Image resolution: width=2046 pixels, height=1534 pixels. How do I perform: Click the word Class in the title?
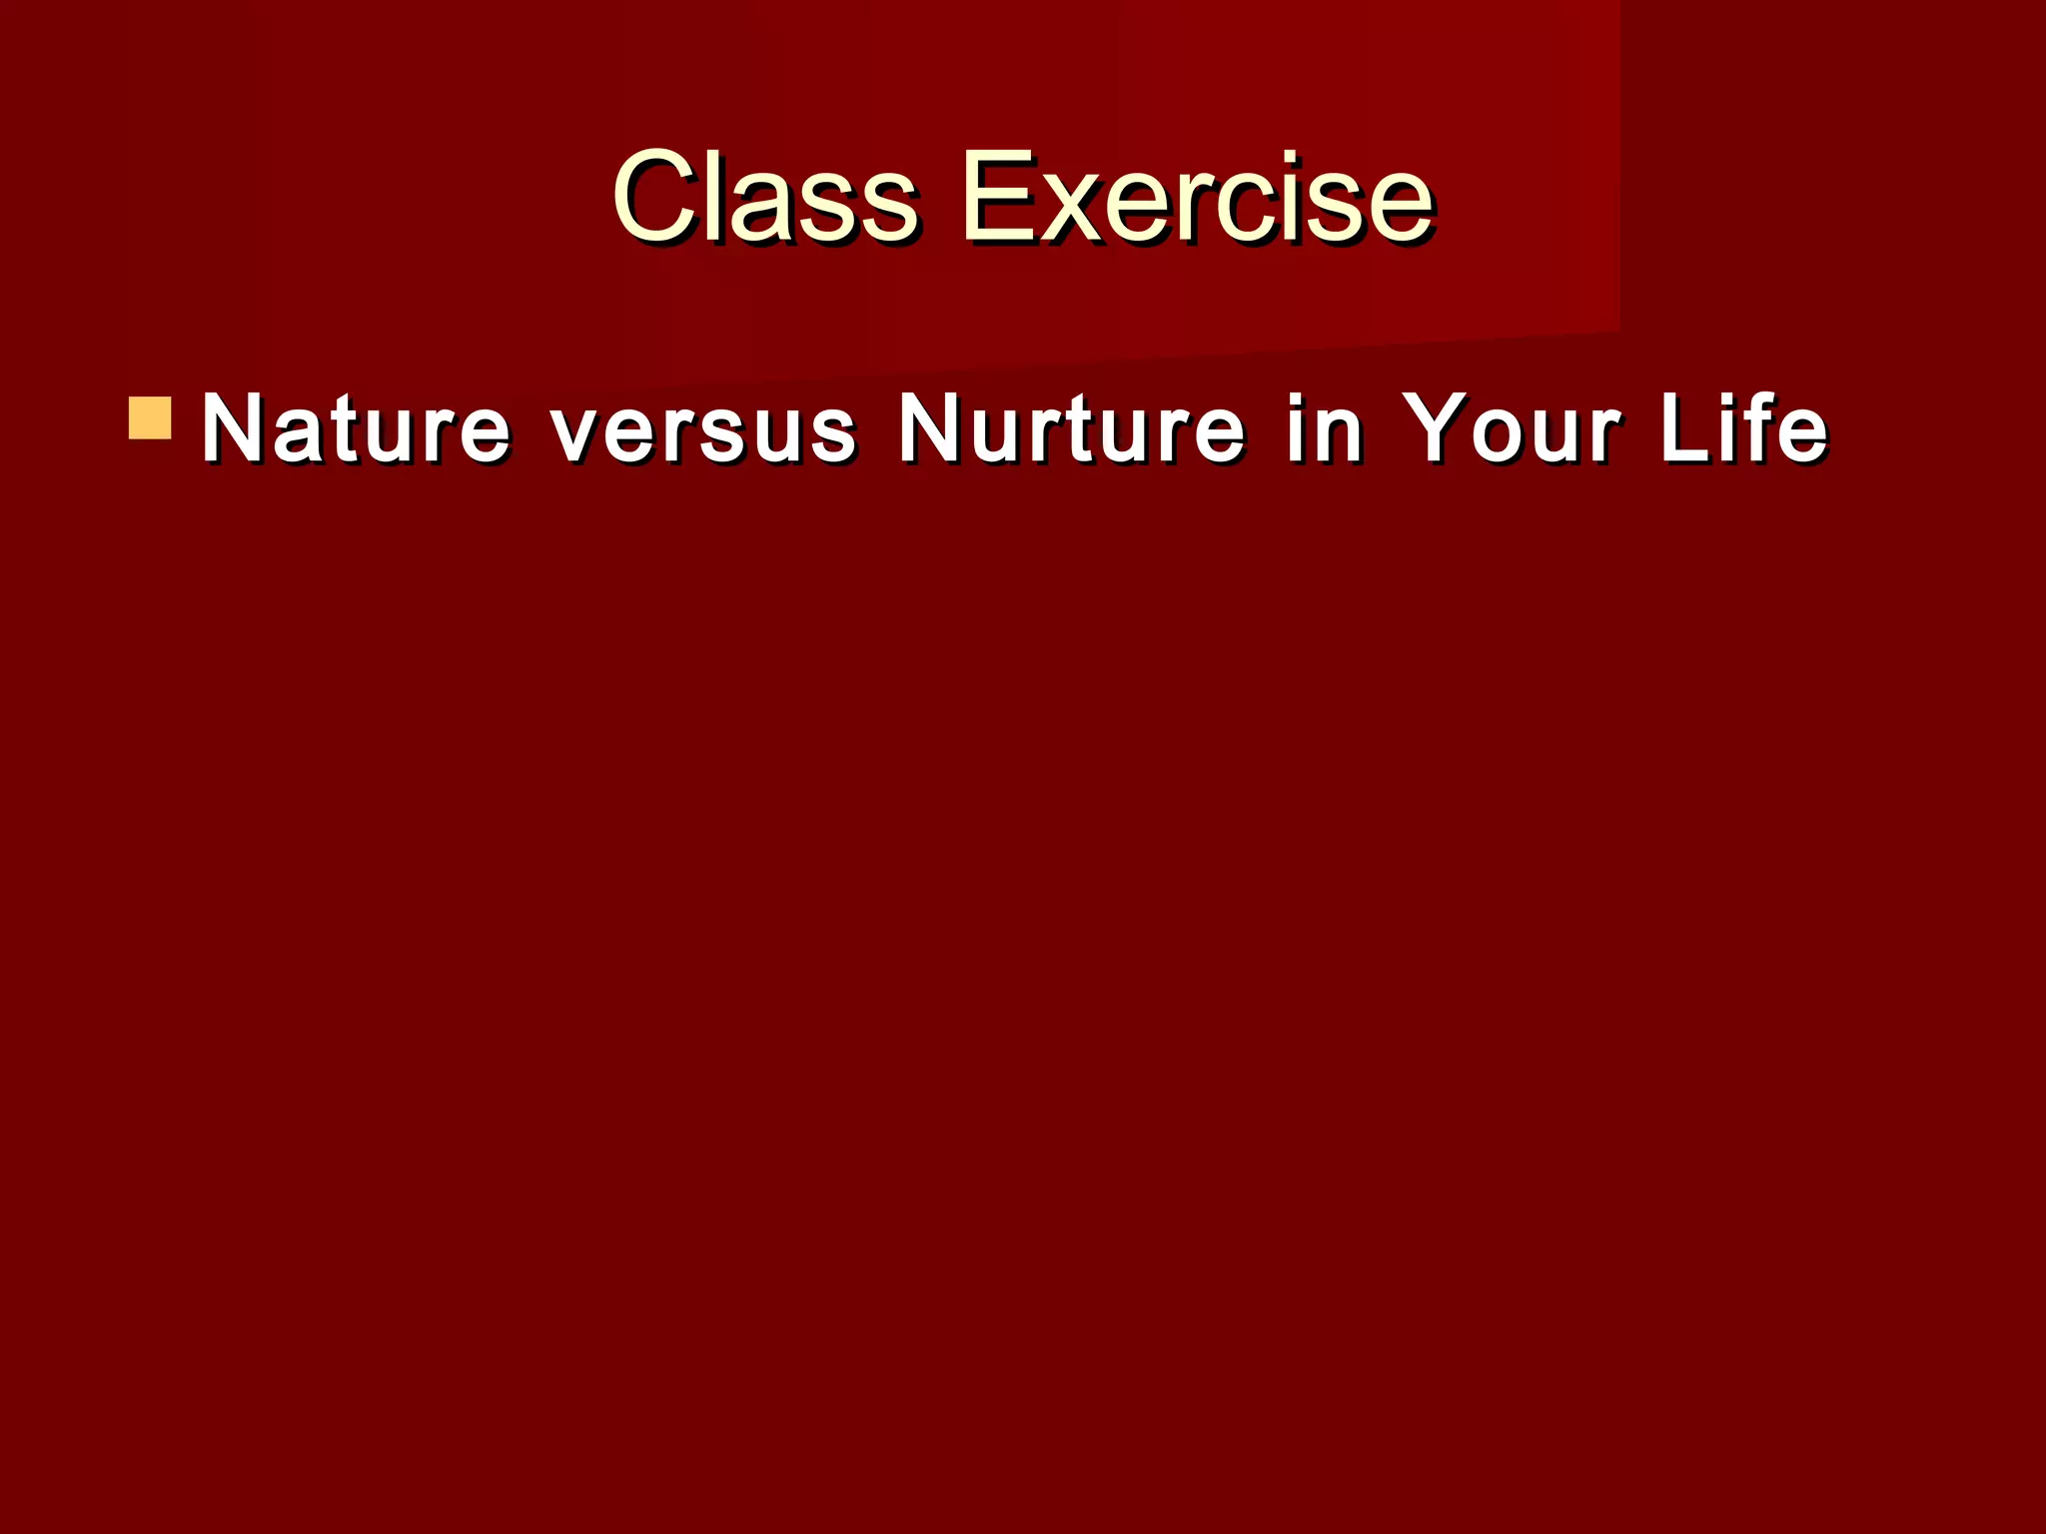pyautogui.click(x=764, y=197)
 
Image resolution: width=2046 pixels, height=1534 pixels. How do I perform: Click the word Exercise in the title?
pyautogui.click(x=1197, y=197)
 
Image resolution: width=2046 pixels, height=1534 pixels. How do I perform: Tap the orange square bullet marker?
pyautogui.click(x=150, y=418)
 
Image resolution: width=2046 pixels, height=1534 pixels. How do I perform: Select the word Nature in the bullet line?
pyautogui.click(x=356, y=429)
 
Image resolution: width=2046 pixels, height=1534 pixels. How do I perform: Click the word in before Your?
pyautogui.click(x=1325, y=429)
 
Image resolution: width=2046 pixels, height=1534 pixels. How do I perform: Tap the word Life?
pyautogui.click(x=1744, y=429)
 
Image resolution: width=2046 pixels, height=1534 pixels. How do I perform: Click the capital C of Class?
pyautogui.click(x=659, y=197)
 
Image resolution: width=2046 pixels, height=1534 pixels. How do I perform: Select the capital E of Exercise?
pyautogui.click(x=1002, y=197)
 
